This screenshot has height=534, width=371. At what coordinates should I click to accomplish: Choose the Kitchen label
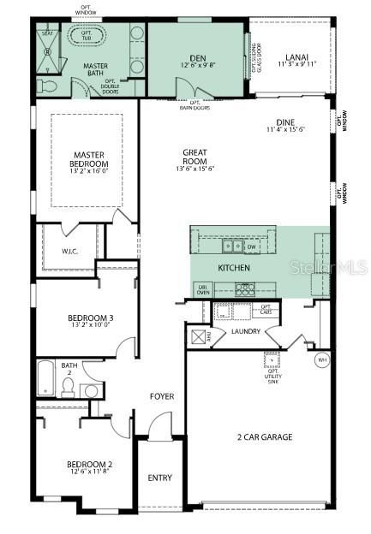click(x=233, y=269)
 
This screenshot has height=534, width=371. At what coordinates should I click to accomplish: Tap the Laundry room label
click(x=247, y=330)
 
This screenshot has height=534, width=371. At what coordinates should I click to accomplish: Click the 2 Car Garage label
click(x=265, y=437)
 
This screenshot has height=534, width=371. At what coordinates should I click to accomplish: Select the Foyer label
click(x=162, y=396)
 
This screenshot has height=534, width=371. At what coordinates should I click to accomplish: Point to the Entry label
click(x=160, y=478)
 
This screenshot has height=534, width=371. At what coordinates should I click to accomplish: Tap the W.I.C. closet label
click(x=69, y=252)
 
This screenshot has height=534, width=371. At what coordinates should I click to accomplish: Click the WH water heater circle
click(x=323, y=359)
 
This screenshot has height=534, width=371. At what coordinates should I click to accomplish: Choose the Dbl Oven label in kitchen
click(x=203, y=288)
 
